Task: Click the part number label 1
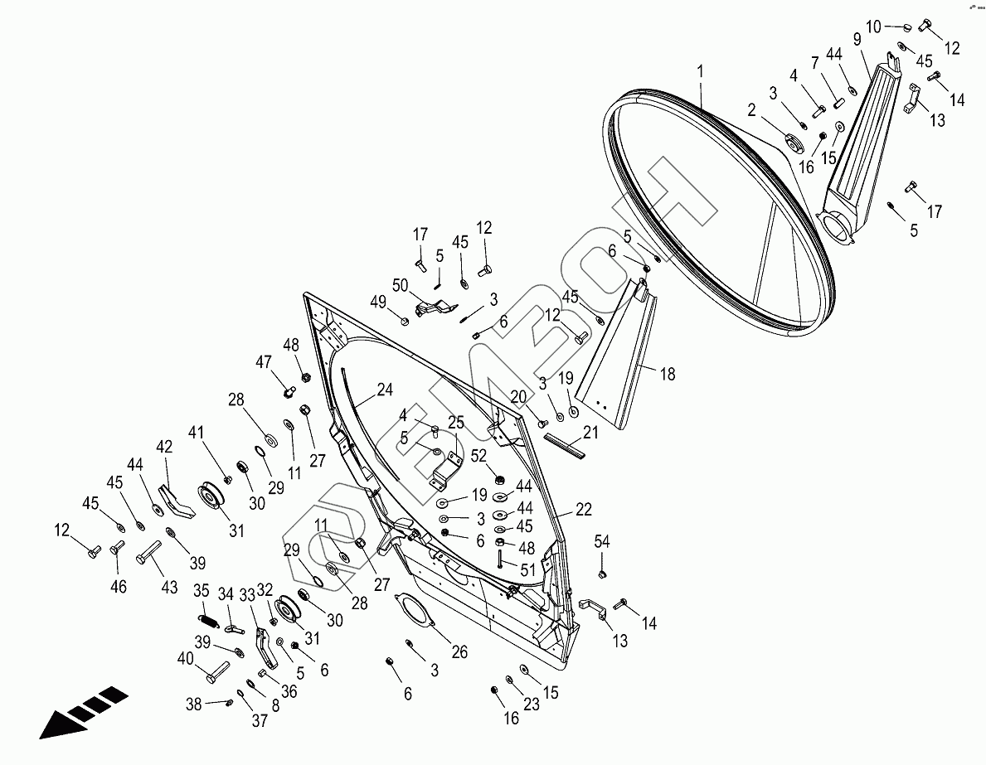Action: click(x=701, y=71)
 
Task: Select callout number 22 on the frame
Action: click(x=584, y=510)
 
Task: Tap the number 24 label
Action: click(x=385, y=389)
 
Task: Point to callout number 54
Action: click(x=601, y=542)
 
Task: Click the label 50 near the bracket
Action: click(x=401, y=285)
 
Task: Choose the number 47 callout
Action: click(x=264, y=362)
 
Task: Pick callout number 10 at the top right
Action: click(x=874, y=27)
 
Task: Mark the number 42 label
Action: click(x=164, y=446)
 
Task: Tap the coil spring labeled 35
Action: click(x=207, y=617)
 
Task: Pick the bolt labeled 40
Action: click(x=214, y=668)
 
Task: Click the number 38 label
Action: click(x=194, y=704)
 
